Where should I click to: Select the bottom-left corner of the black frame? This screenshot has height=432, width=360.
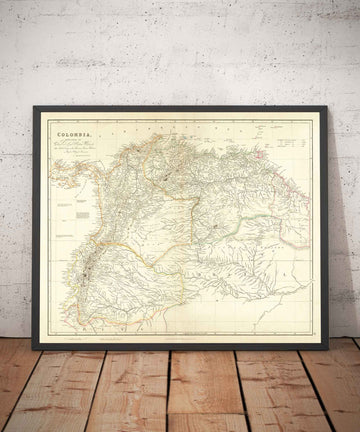point(34,348)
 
